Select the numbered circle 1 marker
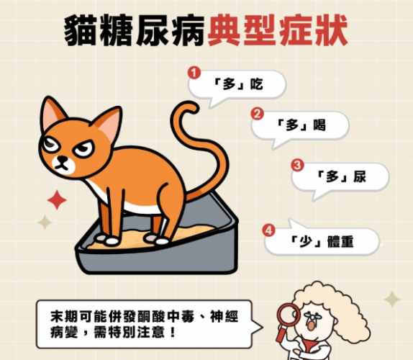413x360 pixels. [193, 73]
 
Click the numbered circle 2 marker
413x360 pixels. [255, 113]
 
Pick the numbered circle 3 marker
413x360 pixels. [296, 165]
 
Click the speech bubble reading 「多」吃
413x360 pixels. [237, 85]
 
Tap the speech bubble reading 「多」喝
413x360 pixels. [301, 125]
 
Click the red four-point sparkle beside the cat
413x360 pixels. [56, 199]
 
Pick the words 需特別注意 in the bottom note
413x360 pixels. [127, 333]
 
